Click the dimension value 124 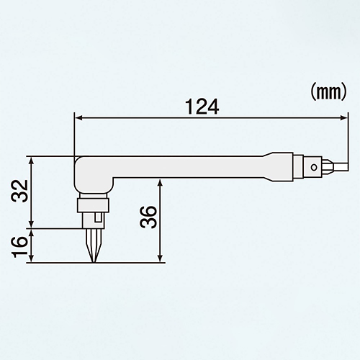tap(202, 107)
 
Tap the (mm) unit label tap(328, 92)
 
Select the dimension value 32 tap(19, 191)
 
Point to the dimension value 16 tap(19, 247)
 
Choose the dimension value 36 tap(148, 217)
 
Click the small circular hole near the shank tap(313, 167)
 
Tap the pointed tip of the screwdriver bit tap(94, 262)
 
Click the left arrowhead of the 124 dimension tap(78, 117)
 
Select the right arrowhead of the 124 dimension tap(343, 117)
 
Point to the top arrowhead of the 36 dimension tap(161, 183)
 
